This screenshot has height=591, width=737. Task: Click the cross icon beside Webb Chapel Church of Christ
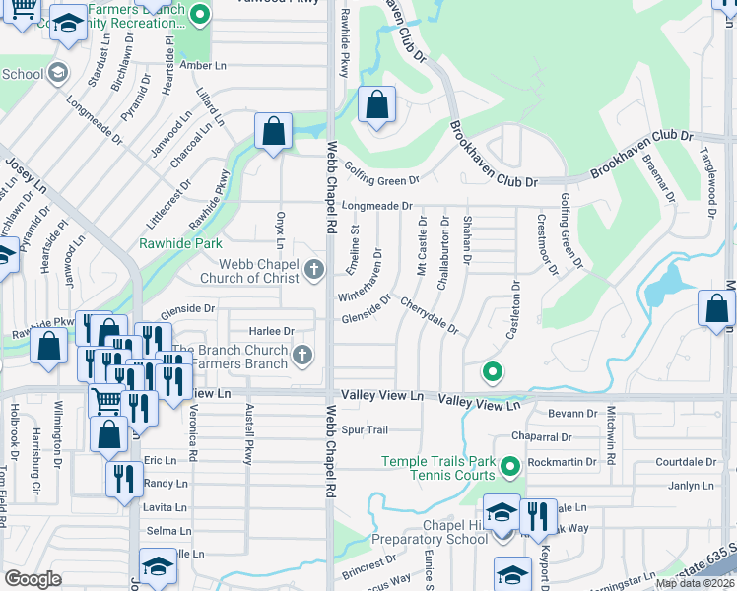click(x=314, y=270)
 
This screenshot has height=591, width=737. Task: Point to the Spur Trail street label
click(x=366, y=430)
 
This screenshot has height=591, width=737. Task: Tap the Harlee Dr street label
click(x=273, y=331)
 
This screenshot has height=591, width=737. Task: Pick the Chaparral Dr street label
click(x=542, y=437)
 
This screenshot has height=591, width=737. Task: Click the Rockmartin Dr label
click(x=562, y=461)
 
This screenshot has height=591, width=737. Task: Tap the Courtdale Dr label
click(x=685, y=461)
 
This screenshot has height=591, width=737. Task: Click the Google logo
click(x=33, y=578)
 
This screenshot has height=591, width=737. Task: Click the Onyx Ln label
click(x=280, y=230)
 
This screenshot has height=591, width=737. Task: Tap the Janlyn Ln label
click(x=691, y=486)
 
